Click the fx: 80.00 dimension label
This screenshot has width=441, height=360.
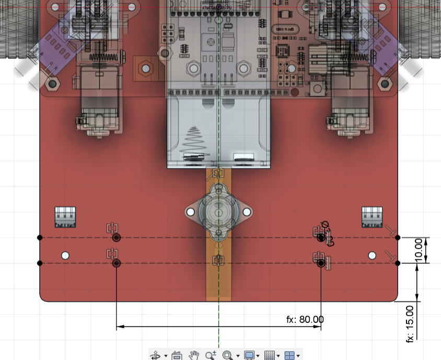[x=305, y=319]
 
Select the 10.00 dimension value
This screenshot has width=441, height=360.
[x=418, y=250]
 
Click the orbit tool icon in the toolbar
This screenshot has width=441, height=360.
[x=156, y=355]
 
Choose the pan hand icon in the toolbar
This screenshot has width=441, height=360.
[x=193, y=355]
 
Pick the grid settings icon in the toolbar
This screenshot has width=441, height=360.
[x=269, y=355]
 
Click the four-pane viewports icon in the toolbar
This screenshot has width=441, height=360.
[x=289, y=355]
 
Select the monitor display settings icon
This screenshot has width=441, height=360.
[x=249, y=355]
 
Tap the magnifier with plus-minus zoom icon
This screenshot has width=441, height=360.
[x=210, y=355]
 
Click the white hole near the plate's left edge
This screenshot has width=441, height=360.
[x=65, y=256]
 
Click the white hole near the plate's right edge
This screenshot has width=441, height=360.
[x=372, y=256]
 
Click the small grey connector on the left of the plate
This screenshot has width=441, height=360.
[x=65, y=216]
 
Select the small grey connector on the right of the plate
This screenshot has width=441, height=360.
[x=372, y=216]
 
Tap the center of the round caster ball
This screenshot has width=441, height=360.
[x=218, y=212]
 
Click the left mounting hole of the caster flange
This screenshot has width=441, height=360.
[x=190, y=212]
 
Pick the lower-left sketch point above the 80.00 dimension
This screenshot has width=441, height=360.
[x=116, y=263]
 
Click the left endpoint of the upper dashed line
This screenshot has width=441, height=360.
[x=40, y=237]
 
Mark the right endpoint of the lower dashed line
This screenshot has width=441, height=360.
[x=398, y=263]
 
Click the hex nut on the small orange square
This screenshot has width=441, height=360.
[x=145, y=67]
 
